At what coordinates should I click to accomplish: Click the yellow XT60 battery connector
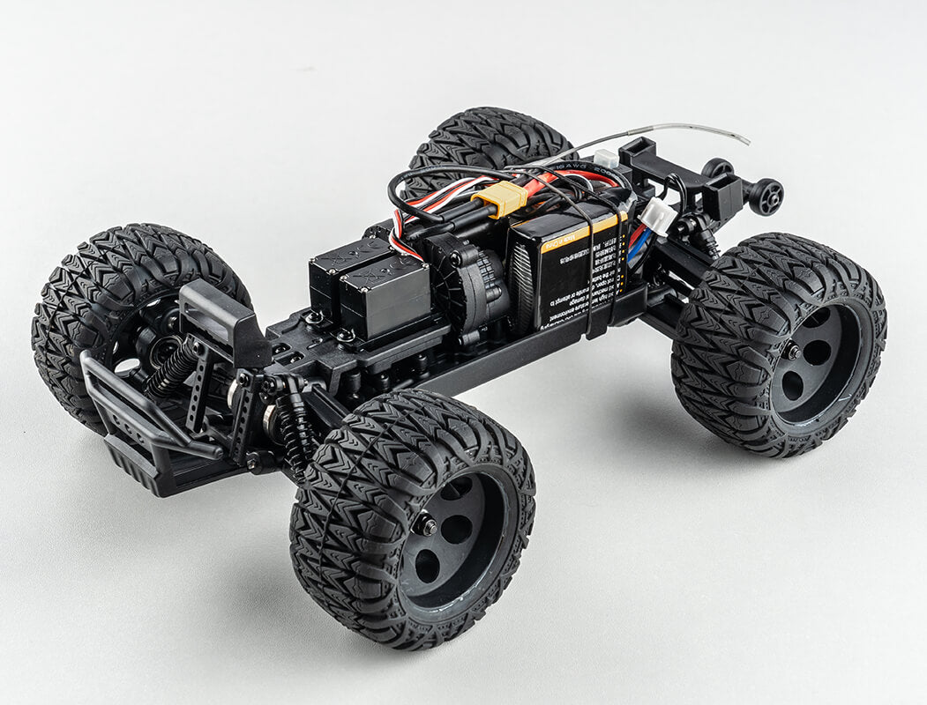(x=503, y=198)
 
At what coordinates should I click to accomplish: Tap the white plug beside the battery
(x=656, y=215)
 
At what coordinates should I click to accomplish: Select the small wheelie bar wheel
(x=766, y=195)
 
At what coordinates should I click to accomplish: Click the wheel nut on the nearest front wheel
(x=426, y=525)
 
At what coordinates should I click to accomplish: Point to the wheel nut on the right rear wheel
(x=793, y=352)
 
